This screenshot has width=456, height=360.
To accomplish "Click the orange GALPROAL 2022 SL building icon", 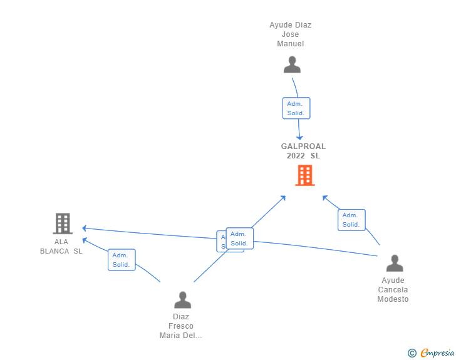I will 304,175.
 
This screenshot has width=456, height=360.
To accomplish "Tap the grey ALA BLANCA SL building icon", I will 62,224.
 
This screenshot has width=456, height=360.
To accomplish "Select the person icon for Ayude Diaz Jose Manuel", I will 292,64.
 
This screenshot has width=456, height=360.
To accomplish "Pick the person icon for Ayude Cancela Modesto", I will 394,263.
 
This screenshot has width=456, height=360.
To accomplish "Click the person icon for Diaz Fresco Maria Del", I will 182,299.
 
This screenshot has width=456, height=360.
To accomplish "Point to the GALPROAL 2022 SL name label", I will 303,151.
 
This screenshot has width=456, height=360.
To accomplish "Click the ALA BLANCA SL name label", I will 61,247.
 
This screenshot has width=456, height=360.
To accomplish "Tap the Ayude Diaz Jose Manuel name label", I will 291,34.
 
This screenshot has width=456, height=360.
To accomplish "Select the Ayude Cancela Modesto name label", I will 393,290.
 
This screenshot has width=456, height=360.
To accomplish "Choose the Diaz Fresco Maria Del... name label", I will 181,326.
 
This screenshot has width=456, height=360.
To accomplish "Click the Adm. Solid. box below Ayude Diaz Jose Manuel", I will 296,108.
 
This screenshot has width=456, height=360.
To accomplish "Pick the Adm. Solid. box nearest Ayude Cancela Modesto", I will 351,220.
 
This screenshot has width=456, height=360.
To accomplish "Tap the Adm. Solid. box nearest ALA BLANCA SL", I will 121,260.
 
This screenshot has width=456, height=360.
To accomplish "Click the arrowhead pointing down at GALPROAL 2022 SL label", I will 300,137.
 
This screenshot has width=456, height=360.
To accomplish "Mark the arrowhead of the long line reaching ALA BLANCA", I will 84,228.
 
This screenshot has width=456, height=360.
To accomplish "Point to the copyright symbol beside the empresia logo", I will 412,353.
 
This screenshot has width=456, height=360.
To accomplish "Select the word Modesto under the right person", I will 393,299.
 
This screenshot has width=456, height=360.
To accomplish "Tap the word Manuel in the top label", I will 291,44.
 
